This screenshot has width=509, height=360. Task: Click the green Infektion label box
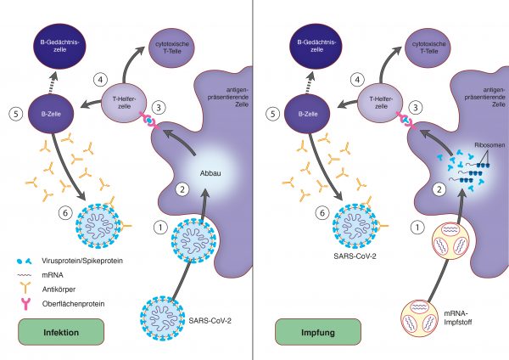click(x=61, y=332)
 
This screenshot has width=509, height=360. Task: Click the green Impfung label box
click(x=318, y=332)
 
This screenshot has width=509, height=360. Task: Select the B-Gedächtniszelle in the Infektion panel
click(x=59, y=46)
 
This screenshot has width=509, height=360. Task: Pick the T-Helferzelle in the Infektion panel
click(x=124, y=103)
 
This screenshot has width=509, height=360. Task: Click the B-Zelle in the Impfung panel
click(x=307, y=114)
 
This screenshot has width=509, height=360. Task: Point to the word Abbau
click(x=210, y=173)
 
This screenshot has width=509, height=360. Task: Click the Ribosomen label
click(x=489, y=145)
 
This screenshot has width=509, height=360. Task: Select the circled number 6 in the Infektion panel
click(x=65, y=213)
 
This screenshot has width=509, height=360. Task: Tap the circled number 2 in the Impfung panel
click(x=439, y=189)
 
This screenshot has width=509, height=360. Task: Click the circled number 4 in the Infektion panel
click(x=100, y=80)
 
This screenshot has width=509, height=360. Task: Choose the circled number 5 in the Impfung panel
click(x=272, y=114)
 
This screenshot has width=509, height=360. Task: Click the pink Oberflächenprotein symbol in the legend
click(x=25, y=304)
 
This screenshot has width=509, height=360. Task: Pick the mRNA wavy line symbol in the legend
click(x=25, y=275)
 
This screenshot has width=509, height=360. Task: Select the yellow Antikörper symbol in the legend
click(x=25, y=288)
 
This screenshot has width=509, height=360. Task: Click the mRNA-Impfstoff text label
click(x=458, y=318)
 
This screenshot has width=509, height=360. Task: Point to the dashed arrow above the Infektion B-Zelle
click(x=53, y=82)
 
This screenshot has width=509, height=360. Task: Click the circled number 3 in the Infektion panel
click(x=159, y=107)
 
